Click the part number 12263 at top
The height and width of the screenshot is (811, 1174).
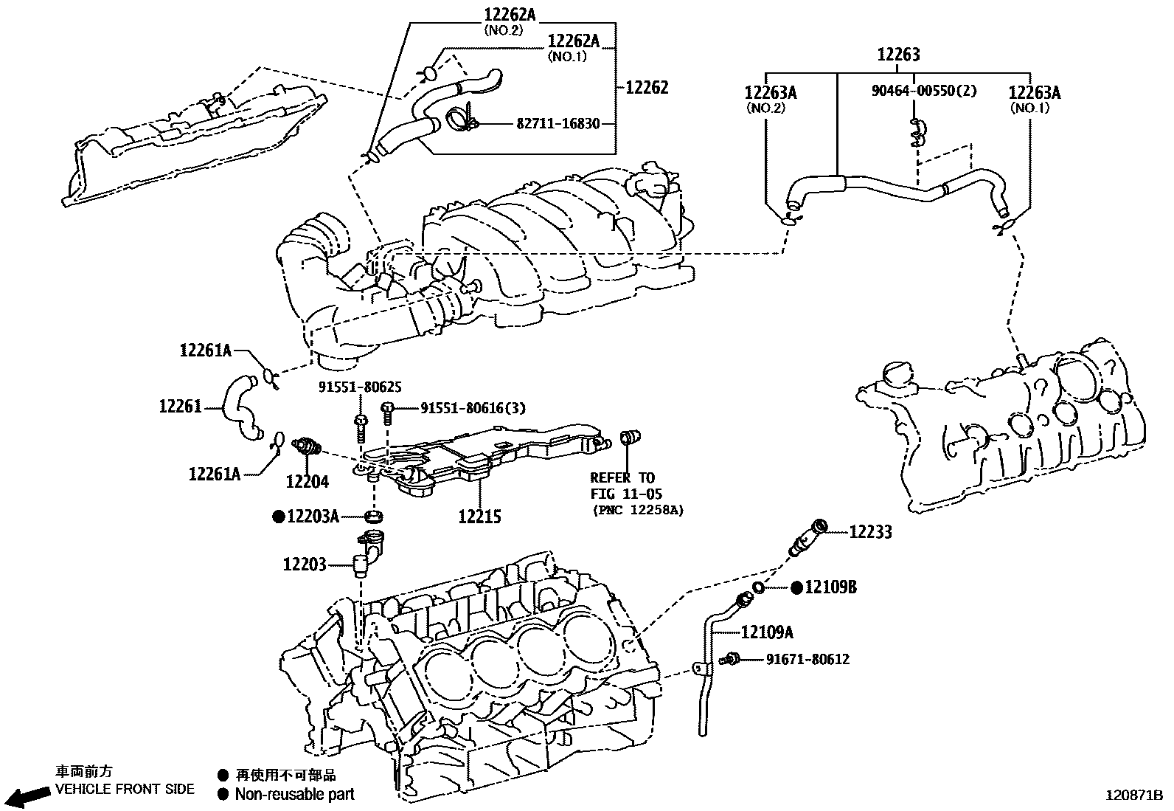pyautogui.click(x=898, y=55)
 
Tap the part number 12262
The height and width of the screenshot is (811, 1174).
pyautogui.click(x=647, y=87)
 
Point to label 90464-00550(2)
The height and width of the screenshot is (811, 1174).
pyautogui.click(x=924, y=91)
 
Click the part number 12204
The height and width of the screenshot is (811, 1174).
pyautogui.click(x=308, y=482)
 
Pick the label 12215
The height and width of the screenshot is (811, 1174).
pyautogui.click(x=479, y=517)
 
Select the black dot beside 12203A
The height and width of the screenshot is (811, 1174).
pyautogui.click(x=279, y=517)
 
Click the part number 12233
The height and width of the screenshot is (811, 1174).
pyautogui.click(x=870, y=532)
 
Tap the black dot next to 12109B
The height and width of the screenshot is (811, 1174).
pyautogui.click(x=796, y=587)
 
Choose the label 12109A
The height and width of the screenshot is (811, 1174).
pyautogui.click(x=767, y=632)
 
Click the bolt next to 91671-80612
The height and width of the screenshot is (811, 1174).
pyautogui.click(x=732, y=658)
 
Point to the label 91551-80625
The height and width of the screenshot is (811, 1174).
pyautogui.click(x=360, y=387)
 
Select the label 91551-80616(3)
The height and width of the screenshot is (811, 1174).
pyautogui.click(x=473, y=407)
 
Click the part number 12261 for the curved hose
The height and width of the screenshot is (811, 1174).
pyautogui.click(x=180, y=406)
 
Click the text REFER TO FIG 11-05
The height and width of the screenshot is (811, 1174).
pyautogui.click(x=623, y=486)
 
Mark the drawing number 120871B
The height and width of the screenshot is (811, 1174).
pyautogui.click(x=1133, y=796)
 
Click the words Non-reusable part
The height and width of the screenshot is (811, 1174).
pyautogui.click(x=294, y=795)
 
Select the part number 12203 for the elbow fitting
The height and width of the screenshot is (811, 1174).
pyautogui.click(x=304, y=565)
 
